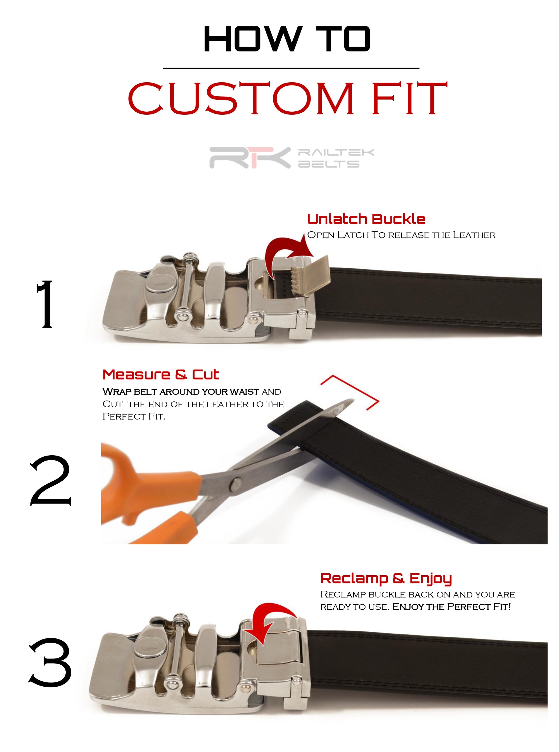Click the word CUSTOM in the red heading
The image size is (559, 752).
(x=240, y=99)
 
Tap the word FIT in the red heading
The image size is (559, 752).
(x=409, y=99)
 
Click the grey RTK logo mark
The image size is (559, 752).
(x=250, y=157)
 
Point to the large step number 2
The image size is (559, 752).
(x=51, y=480)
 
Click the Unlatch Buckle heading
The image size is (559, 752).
(x=366, y=219)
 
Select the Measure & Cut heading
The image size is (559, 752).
(x=160, y=375)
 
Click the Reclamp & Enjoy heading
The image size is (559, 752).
(x=386, y=578)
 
